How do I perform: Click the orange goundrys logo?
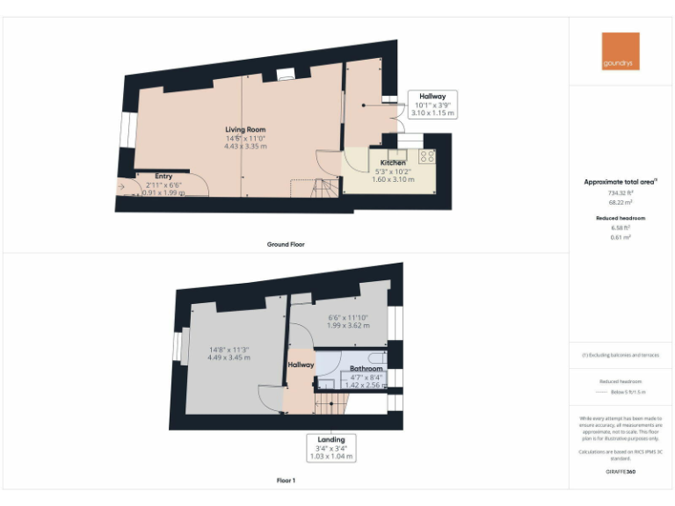[621, 51]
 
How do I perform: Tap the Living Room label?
[245, 129]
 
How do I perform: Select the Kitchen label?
[393, 163]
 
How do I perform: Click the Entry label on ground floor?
[163, 176]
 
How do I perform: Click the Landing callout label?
[331, 439]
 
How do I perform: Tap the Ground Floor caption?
[286, 244]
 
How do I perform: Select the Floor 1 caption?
[286, 481]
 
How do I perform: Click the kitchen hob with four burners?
[428, 156]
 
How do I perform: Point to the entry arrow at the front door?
[120, 185]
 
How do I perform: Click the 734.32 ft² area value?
[621, 192]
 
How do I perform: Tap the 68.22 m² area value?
[621, 202]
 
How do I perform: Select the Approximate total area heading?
[621, 182]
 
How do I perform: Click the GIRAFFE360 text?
[621, 473]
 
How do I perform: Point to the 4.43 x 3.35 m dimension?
[245, 146]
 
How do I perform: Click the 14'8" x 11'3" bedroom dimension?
[229, 348]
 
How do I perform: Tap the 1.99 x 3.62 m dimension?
[348, 326]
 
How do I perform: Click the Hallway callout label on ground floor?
[432, 97]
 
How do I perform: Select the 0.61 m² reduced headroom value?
[621, 237]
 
